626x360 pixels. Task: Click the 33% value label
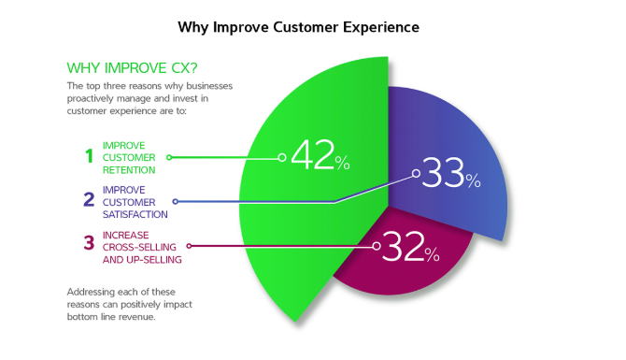tap(450, 174)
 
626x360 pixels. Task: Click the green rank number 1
tap(89, 157)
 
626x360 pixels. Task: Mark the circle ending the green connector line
tap(282, 157)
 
